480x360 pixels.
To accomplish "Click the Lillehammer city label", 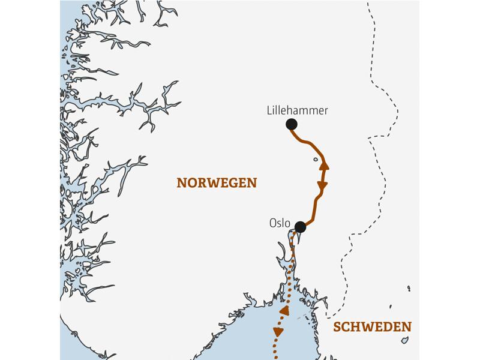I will click(297, 111).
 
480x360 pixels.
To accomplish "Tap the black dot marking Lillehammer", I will click(292, 124).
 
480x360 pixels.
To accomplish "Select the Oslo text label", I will click(280, 223).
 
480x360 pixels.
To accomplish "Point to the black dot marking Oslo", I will click(301, 227).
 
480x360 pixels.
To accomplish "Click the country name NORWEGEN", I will click(217, 183).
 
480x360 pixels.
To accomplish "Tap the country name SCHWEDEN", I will click(372, 327).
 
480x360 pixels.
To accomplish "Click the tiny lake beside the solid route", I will click(314, 160).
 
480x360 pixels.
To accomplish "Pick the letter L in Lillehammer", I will click(268, 111).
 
